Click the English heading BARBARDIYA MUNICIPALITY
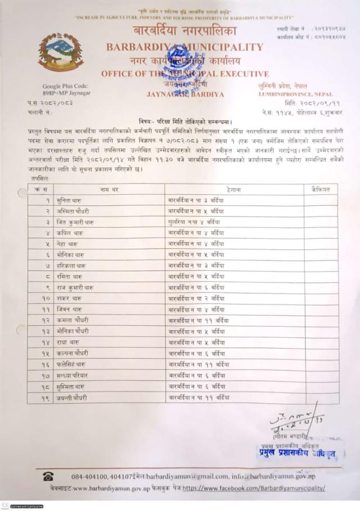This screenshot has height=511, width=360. click(184, 47)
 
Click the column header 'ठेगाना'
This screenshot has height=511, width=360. click(234, 190)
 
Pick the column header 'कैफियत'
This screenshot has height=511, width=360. click(320, 190)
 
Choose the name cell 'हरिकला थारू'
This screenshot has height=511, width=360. click(71, 265)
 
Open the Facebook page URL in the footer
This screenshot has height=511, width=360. click(253, 488)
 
